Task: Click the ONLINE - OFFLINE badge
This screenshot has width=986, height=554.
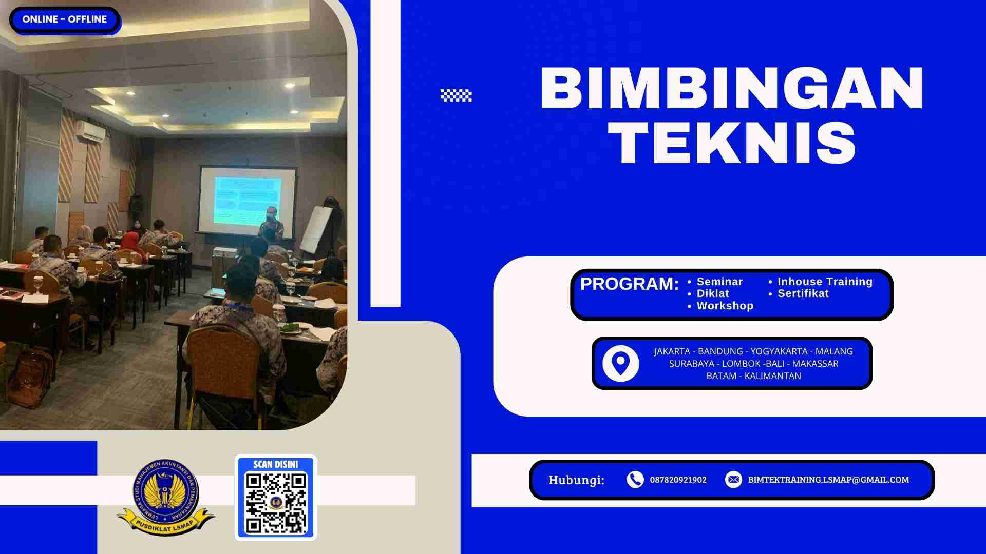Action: pos(64,19)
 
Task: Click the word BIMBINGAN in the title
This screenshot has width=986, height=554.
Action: pos(732,88)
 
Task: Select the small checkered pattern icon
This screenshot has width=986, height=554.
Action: pos(456,95)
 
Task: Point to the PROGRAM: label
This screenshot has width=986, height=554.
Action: pos(629,284)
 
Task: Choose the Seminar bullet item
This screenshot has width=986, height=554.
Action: pos(719,282)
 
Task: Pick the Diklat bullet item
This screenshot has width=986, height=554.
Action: pos(712,293)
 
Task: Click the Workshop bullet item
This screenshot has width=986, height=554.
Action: pos(724,306)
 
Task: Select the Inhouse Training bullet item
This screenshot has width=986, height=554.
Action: pos(824,282)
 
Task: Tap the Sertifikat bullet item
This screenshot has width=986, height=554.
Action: pos(803,293)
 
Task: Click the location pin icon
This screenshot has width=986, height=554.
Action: pos(620,363)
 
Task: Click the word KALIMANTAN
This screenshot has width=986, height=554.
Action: pos(772,376)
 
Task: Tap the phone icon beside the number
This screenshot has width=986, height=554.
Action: pos(635,480)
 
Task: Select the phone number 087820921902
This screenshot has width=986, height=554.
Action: pos(678,480)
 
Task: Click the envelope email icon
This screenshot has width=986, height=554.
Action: pos(733,480)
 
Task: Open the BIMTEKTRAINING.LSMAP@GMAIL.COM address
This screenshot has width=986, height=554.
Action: pos(828,480)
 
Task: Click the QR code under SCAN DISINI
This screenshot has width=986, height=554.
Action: pos(276,503)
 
